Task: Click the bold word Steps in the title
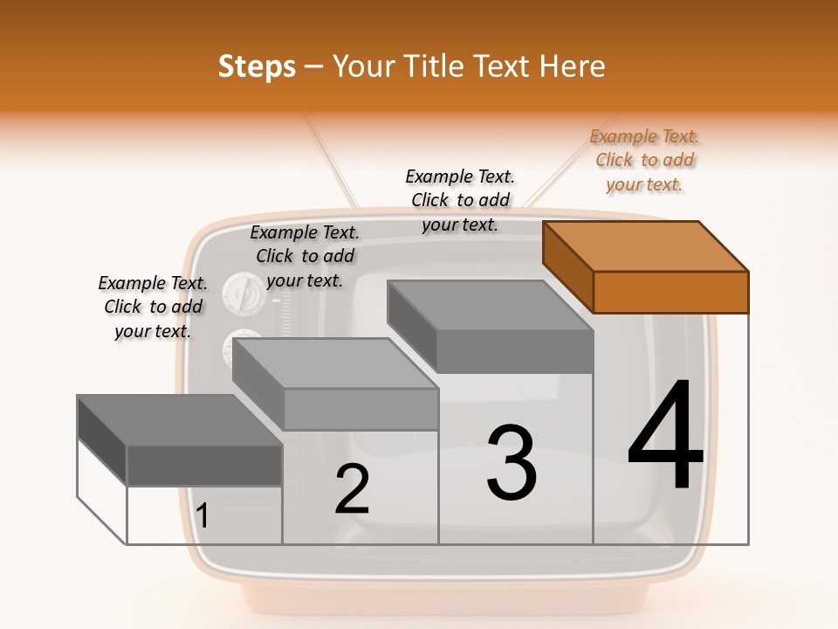(x=257, y=66)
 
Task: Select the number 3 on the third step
(x=512, y=463)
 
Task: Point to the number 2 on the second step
(x=353, y=489)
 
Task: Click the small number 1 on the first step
(x=203, y=516)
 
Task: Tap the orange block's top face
(x=646, y=245)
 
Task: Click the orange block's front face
(x=670, y=292)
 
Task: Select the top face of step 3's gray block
(x=489, y=306)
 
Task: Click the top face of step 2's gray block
(x=335, y=363)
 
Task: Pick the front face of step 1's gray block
(x=204, y=465)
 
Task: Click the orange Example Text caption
(x=644, y=160)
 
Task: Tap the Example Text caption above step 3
(x=460, y=200)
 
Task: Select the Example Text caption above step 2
(x=305, y=256)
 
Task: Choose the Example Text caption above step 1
(x=153, y=307)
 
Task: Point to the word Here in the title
(x=573, y=66)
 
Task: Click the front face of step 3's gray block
(x=515, y=352)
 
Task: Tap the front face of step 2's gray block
(x=361, y=409)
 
